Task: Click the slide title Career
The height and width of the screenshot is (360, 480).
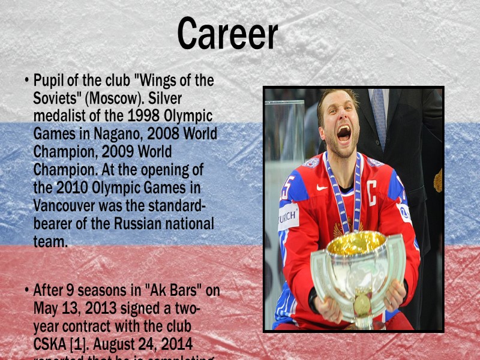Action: (x=227, y=34)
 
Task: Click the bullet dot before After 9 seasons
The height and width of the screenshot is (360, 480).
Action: (x=27, y=291)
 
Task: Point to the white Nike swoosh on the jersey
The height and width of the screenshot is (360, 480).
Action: (x=322, y=187)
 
